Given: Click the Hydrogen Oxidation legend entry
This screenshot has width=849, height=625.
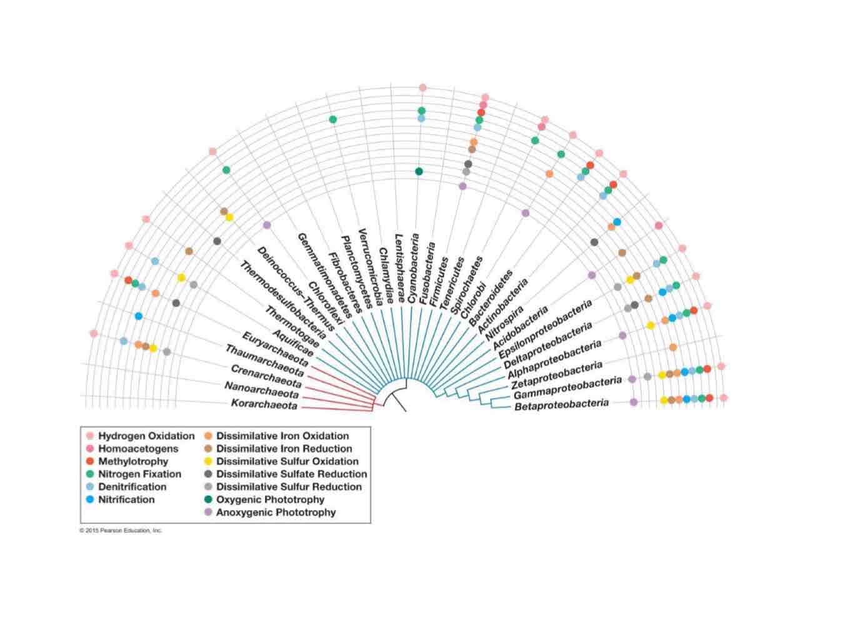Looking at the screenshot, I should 146,436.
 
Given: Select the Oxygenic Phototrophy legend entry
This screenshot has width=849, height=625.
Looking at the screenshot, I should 270,499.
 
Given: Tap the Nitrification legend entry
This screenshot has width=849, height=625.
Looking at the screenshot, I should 126,499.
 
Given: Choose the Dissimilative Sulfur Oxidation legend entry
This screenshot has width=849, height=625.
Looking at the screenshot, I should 287,461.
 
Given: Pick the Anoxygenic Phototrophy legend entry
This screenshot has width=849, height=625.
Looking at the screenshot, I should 276,512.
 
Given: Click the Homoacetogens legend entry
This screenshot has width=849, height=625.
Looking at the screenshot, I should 138,449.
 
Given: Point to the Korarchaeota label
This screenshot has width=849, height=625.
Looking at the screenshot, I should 264,404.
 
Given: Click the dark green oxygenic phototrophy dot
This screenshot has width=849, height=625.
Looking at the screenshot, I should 419,171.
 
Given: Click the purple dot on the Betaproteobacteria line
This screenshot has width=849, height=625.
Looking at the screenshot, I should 633,402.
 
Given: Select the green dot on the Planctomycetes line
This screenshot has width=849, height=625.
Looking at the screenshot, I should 333,119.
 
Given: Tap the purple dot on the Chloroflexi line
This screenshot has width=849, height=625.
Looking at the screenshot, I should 267,225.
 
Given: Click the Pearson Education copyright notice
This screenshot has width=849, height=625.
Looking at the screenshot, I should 121,531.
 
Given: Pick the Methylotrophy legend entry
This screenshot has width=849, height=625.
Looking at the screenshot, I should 133,461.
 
